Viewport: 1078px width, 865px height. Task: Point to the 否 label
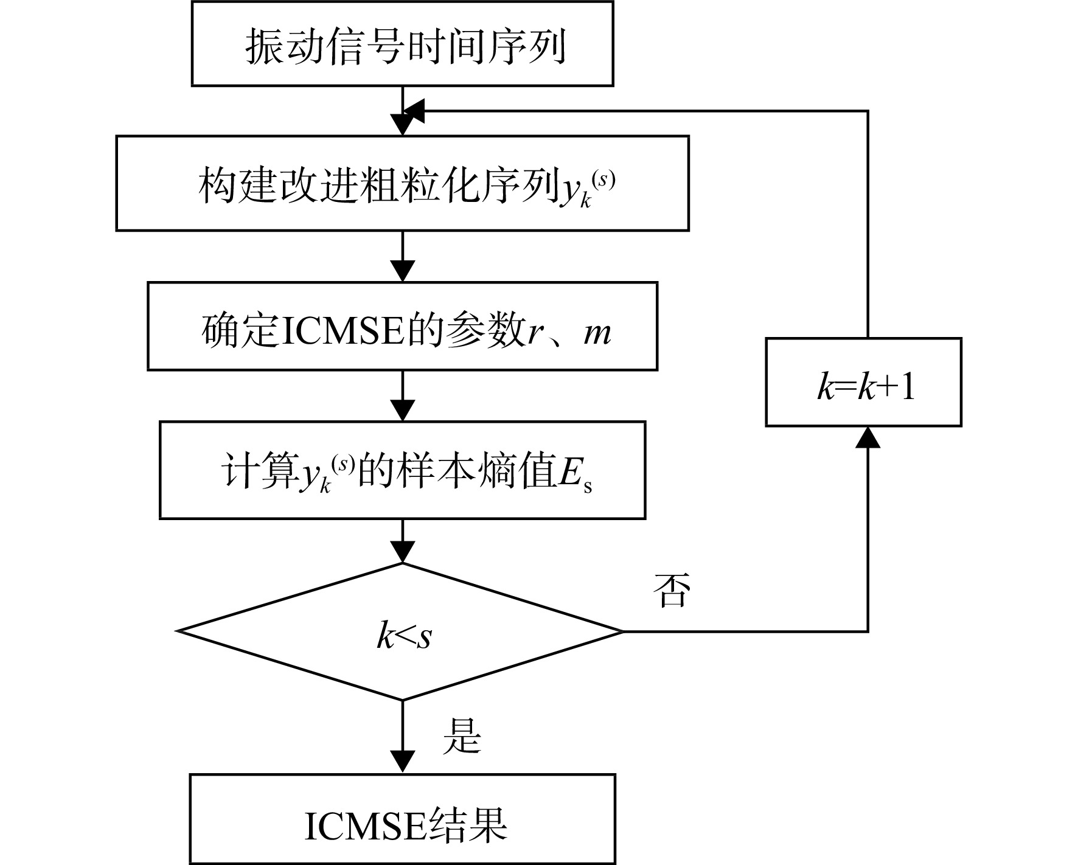672,590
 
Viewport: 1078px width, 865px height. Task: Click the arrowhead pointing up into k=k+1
868,437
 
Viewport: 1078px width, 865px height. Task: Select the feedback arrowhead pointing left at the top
414,111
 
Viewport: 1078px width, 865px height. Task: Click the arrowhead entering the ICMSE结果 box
403,762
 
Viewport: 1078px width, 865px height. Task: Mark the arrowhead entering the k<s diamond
403,552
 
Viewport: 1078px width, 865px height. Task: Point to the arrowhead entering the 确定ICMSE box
403,271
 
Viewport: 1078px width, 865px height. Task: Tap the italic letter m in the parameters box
597,333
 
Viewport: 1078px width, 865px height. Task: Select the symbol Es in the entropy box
575,476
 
